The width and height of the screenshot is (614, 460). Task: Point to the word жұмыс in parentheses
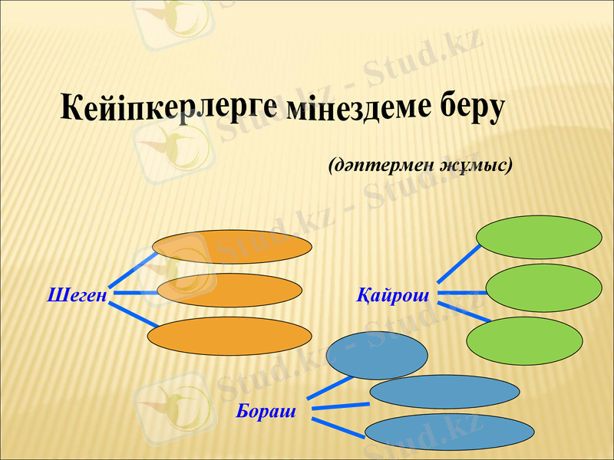tap(471, 165)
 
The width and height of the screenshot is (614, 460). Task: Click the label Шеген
tap(76, 294)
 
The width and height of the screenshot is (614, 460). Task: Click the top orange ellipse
tap(232, 246)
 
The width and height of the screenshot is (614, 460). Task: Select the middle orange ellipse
tap(229, 290)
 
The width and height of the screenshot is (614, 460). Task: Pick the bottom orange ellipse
tap(229, 336)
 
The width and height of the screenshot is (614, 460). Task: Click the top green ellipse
tap(540, 237)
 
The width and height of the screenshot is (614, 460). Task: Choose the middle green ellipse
tap(543, 289)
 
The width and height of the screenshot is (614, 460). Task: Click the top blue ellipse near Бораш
tap(376, 356)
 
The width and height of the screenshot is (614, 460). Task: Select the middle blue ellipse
tap(444, 392)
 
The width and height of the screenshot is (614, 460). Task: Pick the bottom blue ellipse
tap(449, 432)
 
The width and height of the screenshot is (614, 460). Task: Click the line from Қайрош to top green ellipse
tap(458, 265)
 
